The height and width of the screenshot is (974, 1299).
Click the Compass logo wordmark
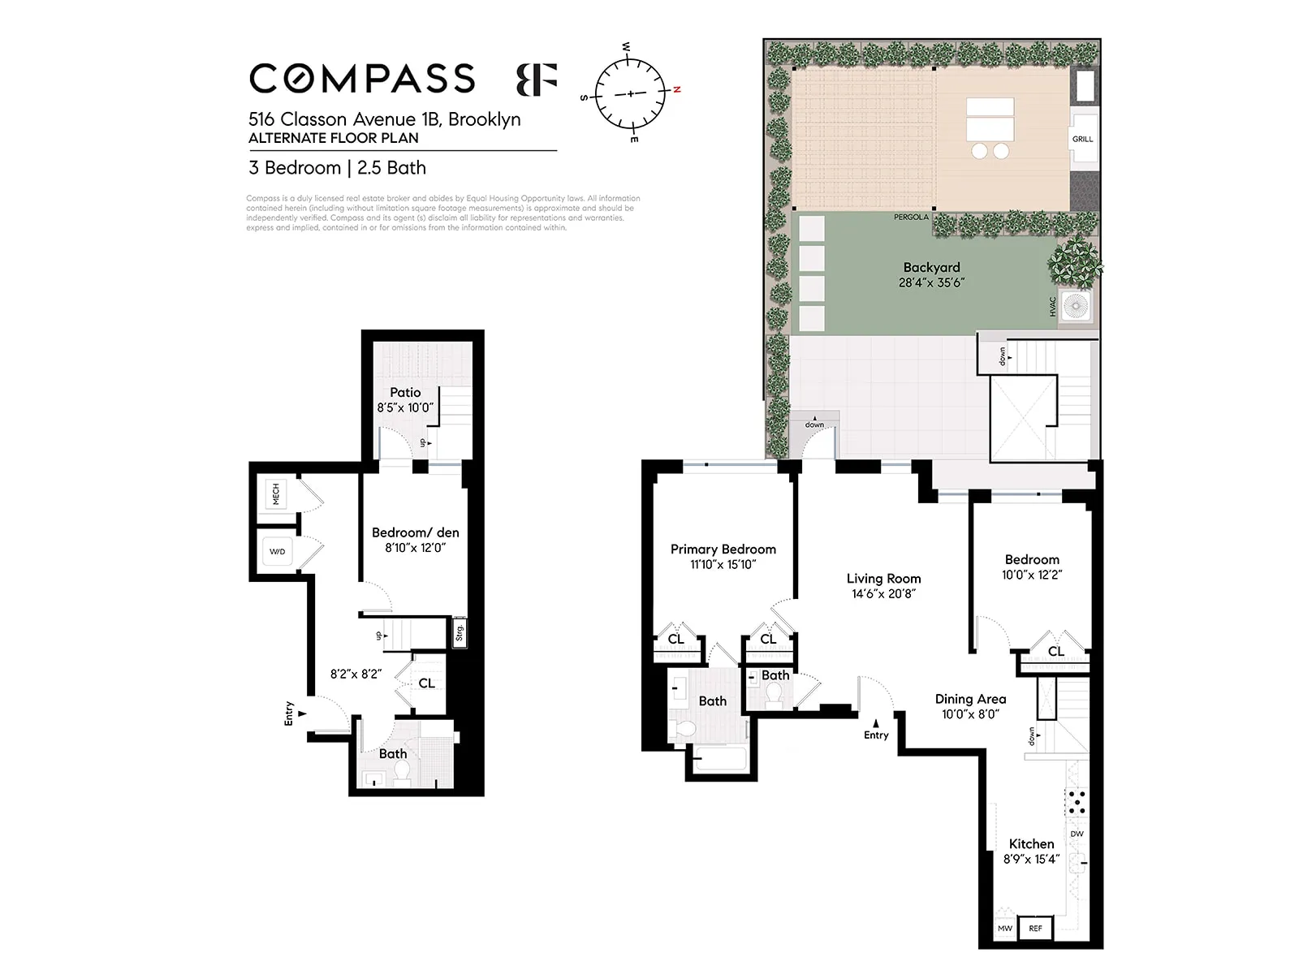click(362, 79)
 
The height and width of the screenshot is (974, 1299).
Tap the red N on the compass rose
click(676, 89)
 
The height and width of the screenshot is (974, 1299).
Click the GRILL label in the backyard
click(1082, 140)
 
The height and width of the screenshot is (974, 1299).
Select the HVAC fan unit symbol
click(1077, 307)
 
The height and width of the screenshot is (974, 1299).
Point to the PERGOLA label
click(911, 218)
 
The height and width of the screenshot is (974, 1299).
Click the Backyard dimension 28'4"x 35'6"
click(931, 283)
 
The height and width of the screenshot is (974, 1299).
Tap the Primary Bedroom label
click(723, 549)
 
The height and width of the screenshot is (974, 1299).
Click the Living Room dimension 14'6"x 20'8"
click(883, 594)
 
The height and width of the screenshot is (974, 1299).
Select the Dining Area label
click(970, 699)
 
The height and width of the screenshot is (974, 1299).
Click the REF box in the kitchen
click(1035, 928)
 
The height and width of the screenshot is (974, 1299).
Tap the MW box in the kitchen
click(1005, 928)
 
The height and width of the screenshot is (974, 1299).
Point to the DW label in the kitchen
click(1077, 834)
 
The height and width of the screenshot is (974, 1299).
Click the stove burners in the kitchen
click(1077, 802)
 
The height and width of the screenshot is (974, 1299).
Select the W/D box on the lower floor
click(278, 552)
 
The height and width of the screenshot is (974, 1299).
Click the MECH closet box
click(276, 494)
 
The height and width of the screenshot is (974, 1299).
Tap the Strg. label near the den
click(460, 633)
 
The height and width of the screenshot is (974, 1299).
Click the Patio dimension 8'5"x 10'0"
click(405, 408)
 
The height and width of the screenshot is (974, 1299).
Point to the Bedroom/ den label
click(415, 533)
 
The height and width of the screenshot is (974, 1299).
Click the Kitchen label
click(1031, 844)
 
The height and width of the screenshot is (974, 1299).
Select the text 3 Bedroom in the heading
click(295, 168)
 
